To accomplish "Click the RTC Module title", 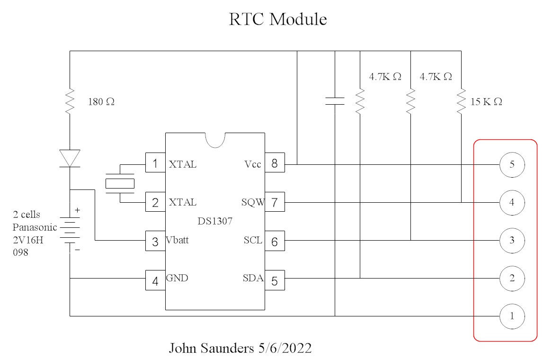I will tap(278, 19).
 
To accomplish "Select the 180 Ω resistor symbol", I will tap(70, 101).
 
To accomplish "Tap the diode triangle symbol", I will tap(70, 158).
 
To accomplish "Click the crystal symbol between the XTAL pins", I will tap(120, 183).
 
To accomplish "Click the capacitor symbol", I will tap(335, 101).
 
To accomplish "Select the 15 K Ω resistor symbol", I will tap(461, 101).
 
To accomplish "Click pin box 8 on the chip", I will tap(275, 163).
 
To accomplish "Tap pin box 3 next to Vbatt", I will tap(155, 242).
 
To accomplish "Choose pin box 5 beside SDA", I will tap(275, 280).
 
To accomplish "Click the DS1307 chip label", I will tap(215, 221).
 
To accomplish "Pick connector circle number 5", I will tap(512, 164).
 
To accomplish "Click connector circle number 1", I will tap(512, 316).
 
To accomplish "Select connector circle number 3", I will tap(512, 240).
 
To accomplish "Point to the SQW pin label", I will tap(252, 203).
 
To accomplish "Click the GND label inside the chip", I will tap(177, 278).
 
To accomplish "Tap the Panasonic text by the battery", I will tap(35, 227).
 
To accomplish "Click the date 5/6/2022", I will tap(285, 349).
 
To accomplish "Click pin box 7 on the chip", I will tap(275, 203).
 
